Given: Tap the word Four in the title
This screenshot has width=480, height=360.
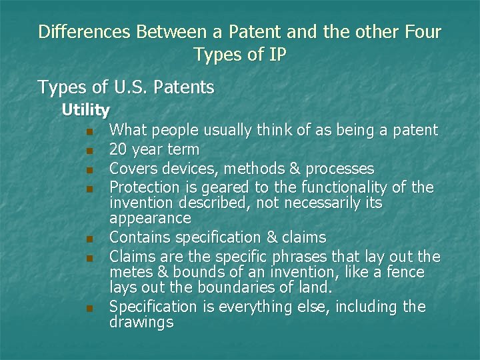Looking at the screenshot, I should point(421,32).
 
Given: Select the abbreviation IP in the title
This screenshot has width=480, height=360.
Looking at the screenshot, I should point(276,55).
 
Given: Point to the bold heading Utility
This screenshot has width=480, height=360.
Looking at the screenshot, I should point(86,109).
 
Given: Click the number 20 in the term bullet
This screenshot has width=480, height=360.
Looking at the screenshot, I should point(118,149).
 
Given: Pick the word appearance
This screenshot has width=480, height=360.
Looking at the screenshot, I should point(150,219).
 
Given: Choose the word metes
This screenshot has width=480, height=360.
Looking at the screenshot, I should point(130,273).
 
